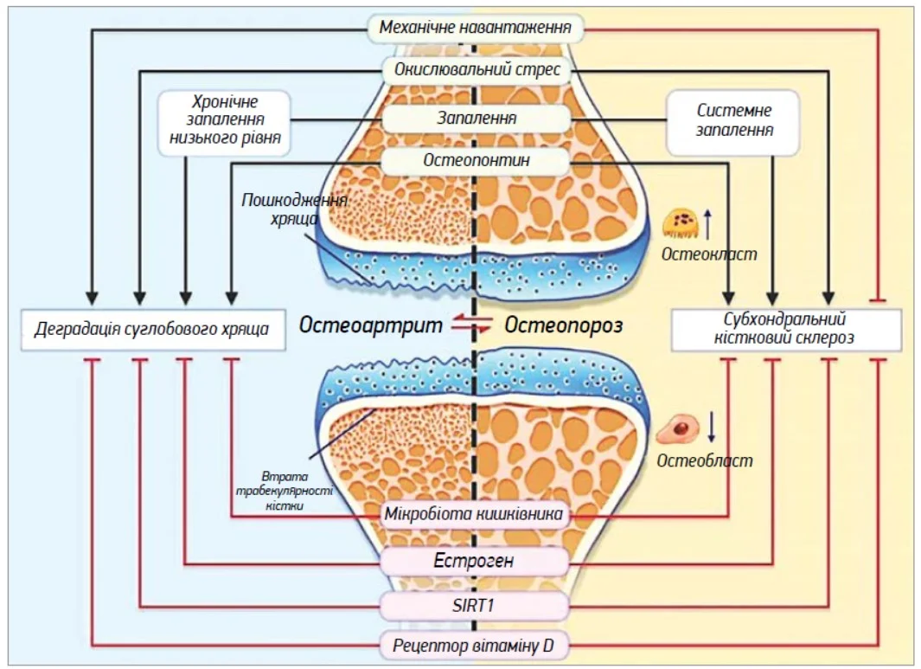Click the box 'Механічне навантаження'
[476, 29]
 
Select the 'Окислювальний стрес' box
[476, 69]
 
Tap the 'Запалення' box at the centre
[476, 117]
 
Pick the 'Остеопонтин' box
[476, 160]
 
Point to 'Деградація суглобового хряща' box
[152, 329]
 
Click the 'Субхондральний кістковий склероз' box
[786, 329]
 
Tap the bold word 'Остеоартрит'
[371, 325]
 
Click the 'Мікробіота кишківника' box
[476, 515]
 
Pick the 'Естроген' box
[474, 561]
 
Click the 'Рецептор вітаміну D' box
[474, 645]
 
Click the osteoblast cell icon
[676, 428]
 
